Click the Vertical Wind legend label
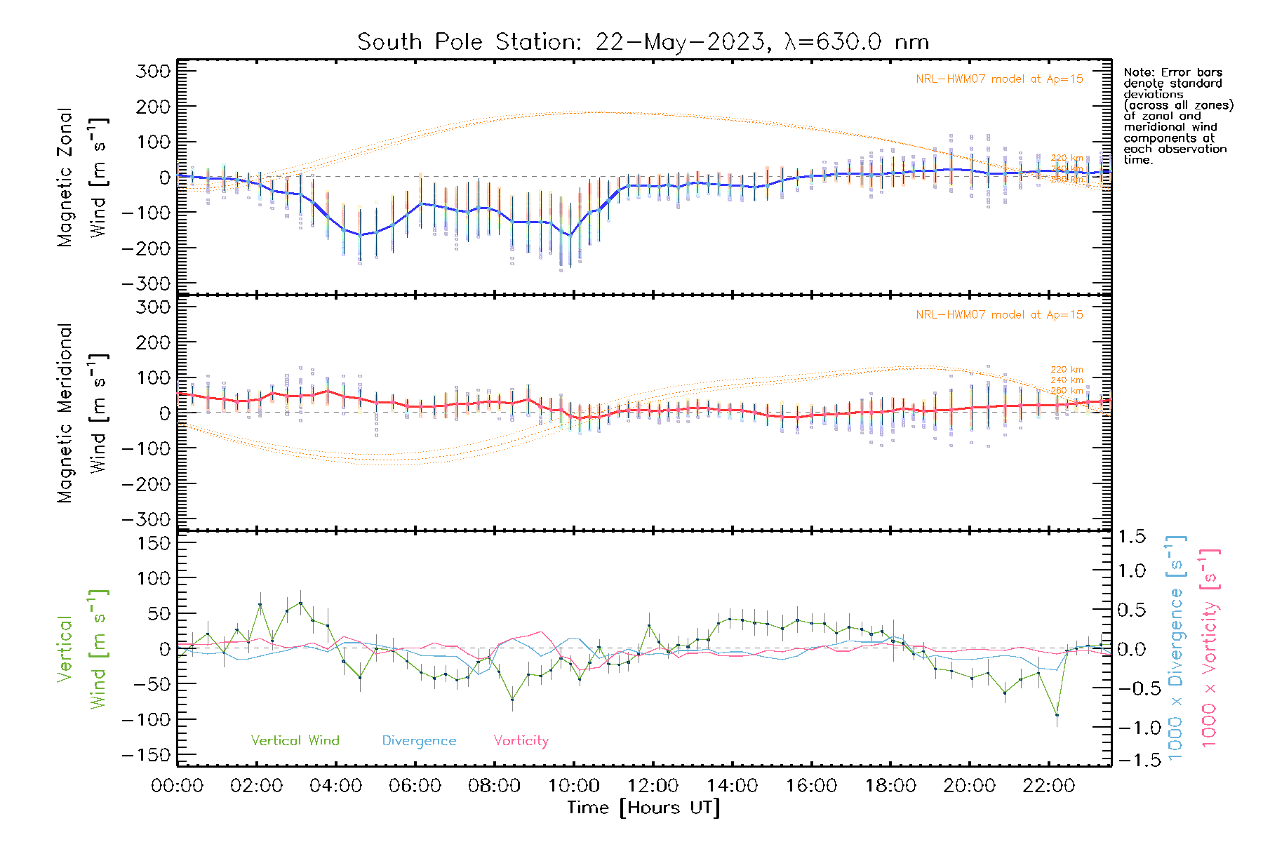tap(295, 741)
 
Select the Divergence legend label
tap(419, 741)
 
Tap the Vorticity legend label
tap(521, 741)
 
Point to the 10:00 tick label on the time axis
tap(573, 786)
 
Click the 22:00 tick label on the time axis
tap(1048, 786)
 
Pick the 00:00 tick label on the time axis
tap(178, 786)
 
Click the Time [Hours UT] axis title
tap(643, 808)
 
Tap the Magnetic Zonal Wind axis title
tap(82, 177)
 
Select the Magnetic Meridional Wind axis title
tap(82, 413)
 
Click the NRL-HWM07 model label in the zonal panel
tap(999, 79)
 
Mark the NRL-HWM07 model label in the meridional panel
tap(999, 315)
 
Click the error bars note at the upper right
tap(1177, 116)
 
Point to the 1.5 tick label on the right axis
tap(1132, 537)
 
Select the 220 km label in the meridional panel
tap(1067, 370)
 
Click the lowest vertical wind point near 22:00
tap(1057, 715)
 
